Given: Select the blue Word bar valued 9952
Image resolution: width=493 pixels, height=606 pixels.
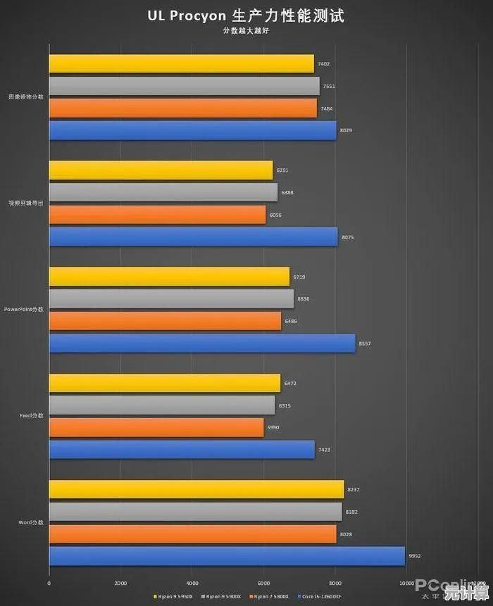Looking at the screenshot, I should (227, 556).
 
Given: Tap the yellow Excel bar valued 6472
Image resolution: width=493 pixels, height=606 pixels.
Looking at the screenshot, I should (165, 383).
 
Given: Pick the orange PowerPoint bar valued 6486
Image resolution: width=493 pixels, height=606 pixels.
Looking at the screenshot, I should (166, 321).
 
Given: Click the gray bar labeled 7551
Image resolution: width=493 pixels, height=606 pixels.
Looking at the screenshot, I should (184, 86).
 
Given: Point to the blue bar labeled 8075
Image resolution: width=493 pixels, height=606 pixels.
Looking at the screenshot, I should (193, 237).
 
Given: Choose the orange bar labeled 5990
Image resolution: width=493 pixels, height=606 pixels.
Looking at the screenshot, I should (156, 427).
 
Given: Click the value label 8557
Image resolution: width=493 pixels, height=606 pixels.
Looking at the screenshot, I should (364, 343).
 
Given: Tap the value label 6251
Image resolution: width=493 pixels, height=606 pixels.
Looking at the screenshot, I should (282, 170).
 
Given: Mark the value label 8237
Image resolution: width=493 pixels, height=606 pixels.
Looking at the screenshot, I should (354, 490).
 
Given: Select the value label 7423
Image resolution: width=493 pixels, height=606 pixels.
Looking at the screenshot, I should (324, 450).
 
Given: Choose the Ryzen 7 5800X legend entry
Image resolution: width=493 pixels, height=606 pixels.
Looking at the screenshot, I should (271, 596).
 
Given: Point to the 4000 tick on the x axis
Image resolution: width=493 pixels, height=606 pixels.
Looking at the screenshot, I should (192, 583).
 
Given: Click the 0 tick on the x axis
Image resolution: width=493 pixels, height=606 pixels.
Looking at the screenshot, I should (49, 583).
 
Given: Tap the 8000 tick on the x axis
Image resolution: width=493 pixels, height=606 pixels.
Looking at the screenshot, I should (335, 583).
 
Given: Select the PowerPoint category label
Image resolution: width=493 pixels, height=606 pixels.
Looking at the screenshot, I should (24, 309).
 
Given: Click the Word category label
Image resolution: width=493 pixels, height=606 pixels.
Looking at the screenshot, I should (32, 522).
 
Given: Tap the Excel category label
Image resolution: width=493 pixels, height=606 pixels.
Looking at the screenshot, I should (32, 416).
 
